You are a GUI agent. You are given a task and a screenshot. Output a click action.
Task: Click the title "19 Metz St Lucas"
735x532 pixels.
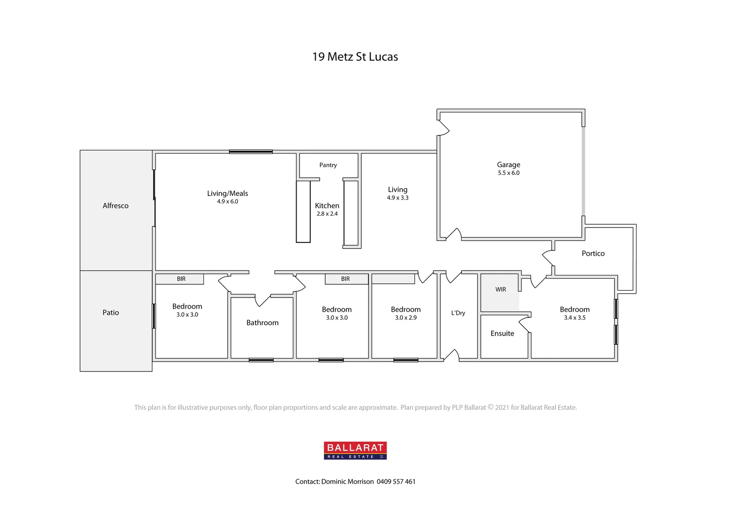pyautogui.click(x=355, y=57)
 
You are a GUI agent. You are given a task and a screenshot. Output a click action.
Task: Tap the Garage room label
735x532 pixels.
pyautogui.click(x=508, y=165)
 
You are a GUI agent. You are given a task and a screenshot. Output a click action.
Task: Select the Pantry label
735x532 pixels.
pyautogui.click(x=328, y=165)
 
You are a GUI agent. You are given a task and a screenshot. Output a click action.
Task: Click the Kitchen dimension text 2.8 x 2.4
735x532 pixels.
pyautogui.click(x=327, y=214)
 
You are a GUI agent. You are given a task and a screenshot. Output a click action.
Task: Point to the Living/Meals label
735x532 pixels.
pyautogui.click(x=228, y=193)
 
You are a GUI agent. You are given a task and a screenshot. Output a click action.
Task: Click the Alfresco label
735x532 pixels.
pyautogui.click(x=115, y=205)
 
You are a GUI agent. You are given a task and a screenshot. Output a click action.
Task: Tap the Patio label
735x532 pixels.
pyautogui.click(x=111, y=312)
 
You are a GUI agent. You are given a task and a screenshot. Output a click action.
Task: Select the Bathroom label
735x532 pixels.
pyautogui.click(x=263, y=323)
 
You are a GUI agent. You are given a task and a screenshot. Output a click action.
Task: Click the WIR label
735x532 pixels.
pyautogui.click(x=501, y=290)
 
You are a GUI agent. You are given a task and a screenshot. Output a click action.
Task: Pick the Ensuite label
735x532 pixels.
pyautogui.click(x=502, y=333)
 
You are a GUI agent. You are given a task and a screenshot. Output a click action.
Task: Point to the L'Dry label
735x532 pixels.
pyautogui.click(x=458, y=313)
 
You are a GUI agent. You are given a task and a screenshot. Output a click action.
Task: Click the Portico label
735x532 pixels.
pyautogui.click(x=593, y=253)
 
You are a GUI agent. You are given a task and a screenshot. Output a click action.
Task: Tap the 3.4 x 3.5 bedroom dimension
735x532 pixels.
pyautogui.click(x=575, y=318)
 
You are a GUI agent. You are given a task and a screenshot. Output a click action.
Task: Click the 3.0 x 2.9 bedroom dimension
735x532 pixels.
pyautogui.click(x=406, y=318)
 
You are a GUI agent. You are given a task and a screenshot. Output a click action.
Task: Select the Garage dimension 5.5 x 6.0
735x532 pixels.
pyautogui.click(x=508, y=173)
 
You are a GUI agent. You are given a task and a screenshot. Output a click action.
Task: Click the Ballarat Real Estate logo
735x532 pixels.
pyautogui.click(x=355, y=450)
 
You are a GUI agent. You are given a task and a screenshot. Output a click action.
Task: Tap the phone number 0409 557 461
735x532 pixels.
pyautogui.click(x=396, y=482)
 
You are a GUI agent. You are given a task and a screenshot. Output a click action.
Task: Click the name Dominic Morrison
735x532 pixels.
pyautogui.click(x=347, y=482)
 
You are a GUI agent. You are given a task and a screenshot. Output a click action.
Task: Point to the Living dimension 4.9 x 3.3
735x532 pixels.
pyautogui.click(x=398, y=198)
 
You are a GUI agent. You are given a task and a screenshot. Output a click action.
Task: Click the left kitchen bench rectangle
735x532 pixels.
pyautogui.click(x=303, y=212)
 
